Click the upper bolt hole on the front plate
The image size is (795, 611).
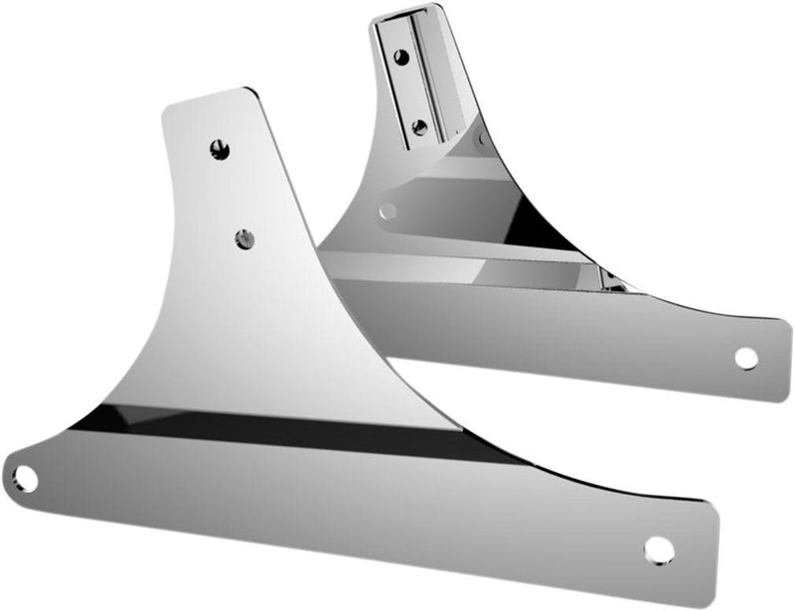click(220, 150)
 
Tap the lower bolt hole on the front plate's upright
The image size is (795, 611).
click(244, 238)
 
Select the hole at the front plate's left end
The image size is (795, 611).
click(25, 479)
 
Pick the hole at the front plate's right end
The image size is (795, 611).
click(658, 548)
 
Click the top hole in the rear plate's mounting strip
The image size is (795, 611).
click(400, 58)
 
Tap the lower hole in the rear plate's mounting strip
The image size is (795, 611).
click(419, 127)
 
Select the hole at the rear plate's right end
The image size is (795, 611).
click(745, 359)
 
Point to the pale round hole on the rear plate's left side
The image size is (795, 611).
click(388, 211)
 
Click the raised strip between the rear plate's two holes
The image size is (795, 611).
click(409, 91)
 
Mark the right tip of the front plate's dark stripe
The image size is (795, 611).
click(517, 461)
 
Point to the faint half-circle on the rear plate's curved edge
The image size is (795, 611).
click(483, 139)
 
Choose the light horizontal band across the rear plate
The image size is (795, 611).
click(447, 258)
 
